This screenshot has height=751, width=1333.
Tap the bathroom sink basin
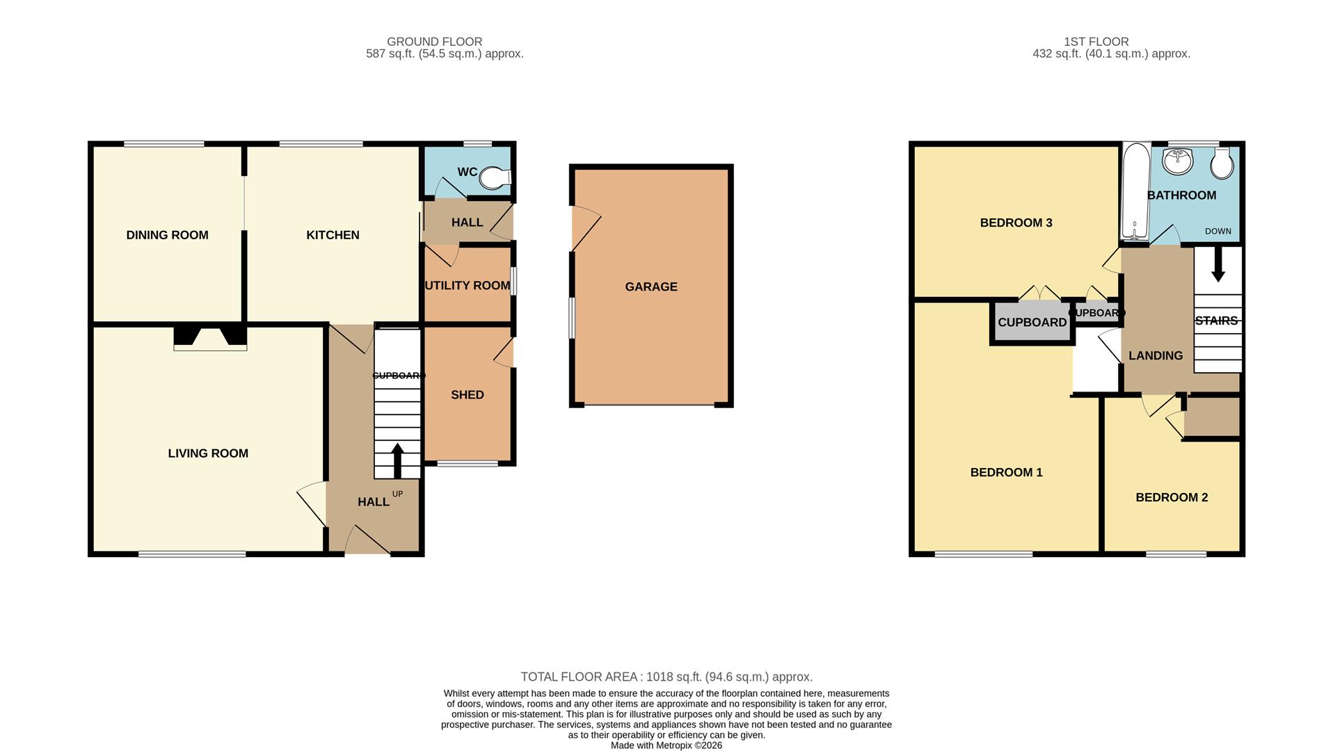click(x=1177, y=162)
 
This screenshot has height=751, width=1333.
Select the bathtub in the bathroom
click(x=1135, y=191)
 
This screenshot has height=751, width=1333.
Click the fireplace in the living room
click(x=210, y=337)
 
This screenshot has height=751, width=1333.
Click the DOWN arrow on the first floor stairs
click(x=1218, y=268)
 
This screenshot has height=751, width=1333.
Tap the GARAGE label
click(x=650, y=286)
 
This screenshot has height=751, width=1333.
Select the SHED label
click(x=467, y=395)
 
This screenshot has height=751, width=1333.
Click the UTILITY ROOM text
click(x=467, y=286)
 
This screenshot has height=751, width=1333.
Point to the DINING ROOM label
click(x=167, y=235)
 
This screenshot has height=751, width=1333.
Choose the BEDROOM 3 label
click(x=1016, y=223)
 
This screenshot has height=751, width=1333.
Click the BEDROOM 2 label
click(x=1171, y=497)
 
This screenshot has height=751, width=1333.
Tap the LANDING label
click(x=1155, y=355)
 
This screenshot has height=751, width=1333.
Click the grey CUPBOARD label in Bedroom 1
click(x=1032, y=322)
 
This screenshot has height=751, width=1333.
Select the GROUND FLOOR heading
click(x=434, y=42)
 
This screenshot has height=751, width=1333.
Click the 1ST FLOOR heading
click(x=1096, y=42)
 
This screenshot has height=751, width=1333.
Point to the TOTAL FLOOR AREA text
click(x=666, y=677)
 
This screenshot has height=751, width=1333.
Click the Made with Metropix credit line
click(x=666, y=745)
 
